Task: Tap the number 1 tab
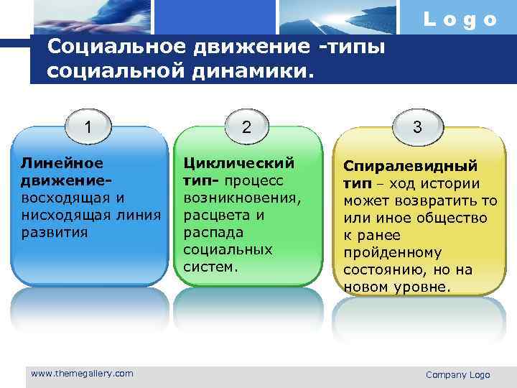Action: pos(88,127)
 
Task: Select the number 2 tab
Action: pos(246,127)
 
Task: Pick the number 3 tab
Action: pos(417,127)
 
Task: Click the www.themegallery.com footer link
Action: pos(82,374)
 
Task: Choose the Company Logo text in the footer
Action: pos(457,375)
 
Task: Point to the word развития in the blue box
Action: pos(55,232)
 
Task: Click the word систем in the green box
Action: pos(210,267)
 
